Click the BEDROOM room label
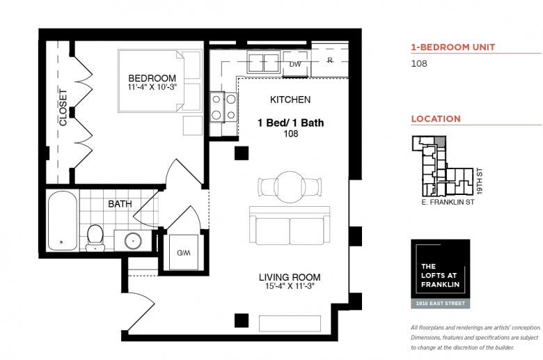coord(152,78)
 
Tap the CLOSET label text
coord(63,107)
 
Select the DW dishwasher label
coord(295,64)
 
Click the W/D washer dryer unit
coord(184,252)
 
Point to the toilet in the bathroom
coord(95,237)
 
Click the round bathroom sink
coord(133,240)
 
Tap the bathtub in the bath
coord(63,221)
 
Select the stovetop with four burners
coord(223,107)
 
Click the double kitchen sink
coord(264,63)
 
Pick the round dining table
coord(290,187)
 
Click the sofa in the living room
coord(290,225)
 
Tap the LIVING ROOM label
coord(290,277)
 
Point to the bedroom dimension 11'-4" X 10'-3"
coord(152,87)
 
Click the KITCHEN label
coord(290,100)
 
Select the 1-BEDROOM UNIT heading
coord(453,47)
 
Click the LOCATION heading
coord(436,119)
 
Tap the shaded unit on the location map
coord(440,141)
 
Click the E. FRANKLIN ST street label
coord(448,202)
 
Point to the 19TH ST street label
coord(480,181)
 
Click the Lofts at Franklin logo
coord(441,274)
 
